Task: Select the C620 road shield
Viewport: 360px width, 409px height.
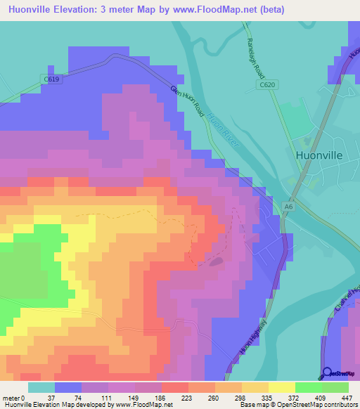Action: click(265, 85)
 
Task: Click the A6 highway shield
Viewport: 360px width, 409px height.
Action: click(288, 207)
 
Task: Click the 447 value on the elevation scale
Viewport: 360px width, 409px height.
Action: click(348, 398)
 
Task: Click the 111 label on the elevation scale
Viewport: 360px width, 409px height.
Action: click(108, 398)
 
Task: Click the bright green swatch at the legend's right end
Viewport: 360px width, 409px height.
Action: click(335, 387)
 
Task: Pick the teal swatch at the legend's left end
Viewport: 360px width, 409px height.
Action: click(41, 387)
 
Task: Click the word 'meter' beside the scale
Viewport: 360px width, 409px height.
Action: click(12, 398)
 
